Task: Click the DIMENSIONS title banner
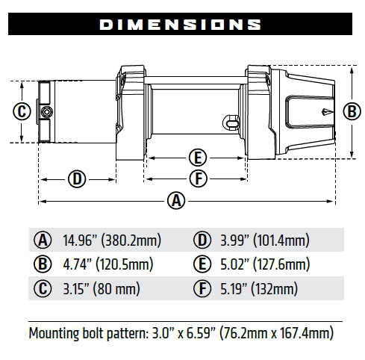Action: coord(182,25)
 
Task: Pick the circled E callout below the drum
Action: coord(197,158)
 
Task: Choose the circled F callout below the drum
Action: coord(197,179)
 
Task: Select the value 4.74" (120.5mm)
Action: coord(111,264)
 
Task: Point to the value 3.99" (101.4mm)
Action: coord(264,240)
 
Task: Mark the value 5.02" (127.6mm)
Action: coord(264,264)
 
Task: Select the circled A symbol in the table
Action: coord(43,240)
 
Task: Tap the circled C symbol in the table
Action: coord(43,288)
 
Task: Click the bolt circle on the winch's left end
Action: coord(47,112)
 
